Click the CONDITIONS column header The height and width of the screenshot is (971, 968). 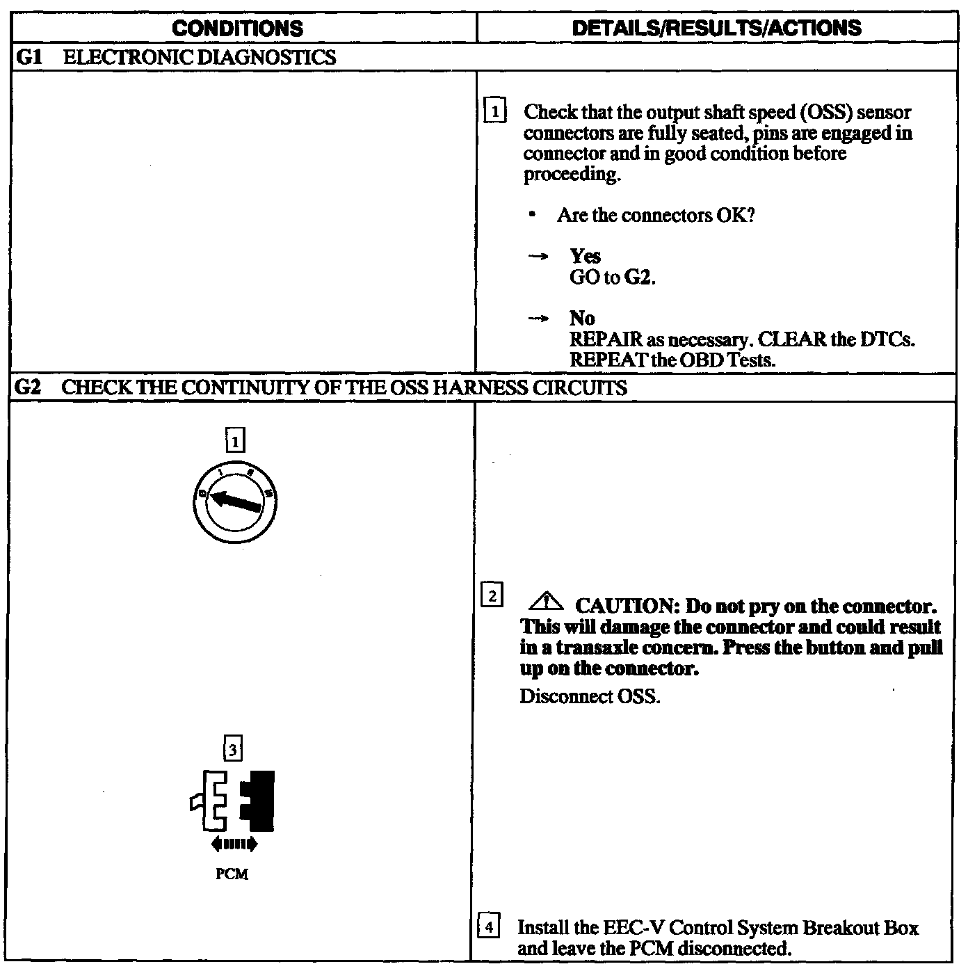click(237, 29)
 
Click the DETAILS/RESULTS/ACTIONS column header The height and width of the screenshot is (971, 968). click(716, 28)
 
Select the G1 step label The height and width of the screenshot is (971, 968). click(28, 57)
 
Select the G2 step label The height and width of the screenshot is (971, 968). click(28, 387)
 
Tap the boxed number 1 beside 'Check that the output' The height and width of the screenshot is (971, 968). click(494, 111)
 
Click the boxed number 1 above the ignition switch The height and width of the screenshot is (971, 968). click(235, 440)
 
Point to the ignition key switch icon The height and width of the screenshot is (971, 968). click(235, 501)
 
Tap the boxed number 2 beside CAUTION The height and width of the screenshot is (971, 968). click(492, 596)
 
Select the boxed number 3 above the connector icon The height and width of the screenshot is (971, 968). click(232, 750)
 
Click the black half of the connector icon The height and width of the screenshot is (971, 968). click(259, 801)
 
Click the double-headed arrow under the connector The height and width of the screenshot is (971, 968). click(234, 845)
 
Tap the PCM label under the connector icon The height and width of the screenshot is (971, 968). click(232, 874)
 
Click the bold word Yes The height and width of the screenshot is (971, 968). click(585, 256)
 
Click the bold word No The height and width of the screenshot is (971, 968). click(582, 319)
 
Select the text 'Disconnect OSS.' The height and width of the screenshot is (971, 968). click(590, 696)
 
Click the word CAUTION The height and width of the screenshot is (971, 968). click(626, 606)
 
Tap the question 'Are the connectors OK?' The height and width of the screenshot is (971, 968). click(656, 215)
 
